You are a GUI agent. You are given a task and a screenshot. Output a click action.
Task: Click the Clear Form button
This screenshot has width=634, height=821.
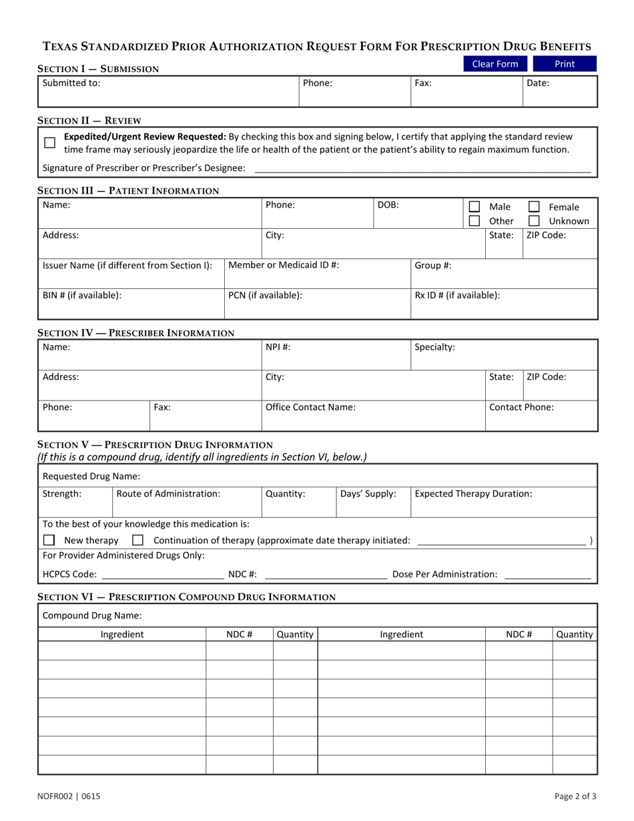point(495,64)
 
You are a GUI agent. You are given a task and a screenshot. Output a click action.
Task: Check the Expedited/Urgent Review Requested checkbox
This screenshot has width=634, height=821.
point(49,143)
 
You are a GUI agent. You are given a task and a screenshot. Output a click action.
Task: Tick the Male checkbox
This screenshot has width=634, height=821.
point(474,207)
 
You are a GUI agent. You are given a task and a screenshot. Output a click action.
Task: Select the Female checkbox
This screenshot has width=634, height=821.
point(534,207)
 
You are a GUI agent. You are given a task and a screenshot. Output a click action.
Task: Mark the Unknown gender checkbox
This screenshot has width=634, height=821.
point(534,221)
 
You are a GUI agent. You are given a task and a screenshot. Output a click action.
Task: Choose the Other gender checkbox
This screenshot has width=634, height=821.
point(474,221)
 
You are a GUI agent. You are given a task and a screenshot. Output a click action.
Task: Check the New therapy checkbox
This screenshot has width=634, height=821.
point(49,540)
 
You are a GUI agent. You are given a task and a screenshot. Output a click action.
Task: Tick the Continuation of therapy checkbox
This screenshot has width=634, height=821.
point(138,540)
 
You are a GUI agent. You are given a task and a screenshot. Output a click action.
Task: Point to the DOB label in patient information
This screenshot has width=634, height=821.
point(388,205)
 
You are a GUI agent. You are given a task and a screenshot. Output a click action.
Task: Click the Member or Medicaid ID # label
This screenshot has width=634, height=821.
point(284,265)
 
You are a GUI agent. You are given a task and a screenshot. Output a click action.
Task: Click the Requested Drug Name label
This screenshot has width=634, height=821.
point(91,476)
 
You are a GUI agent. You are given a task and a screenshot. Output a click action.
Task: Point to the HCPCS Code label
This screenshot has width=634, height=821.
point(69,574)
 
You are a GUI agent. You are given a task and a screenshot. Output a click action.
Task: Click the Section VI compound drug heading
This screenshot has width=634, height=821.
point(186,597)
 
